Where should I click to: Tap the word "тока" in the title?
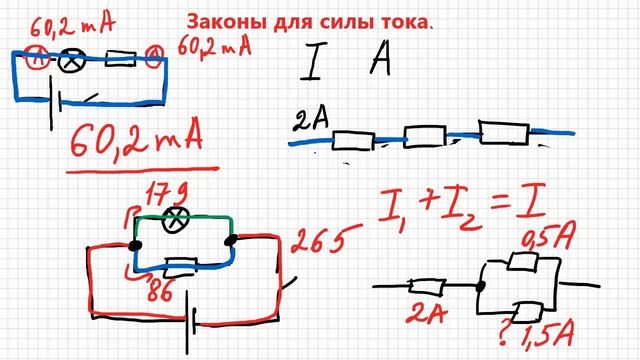tap(404, 21)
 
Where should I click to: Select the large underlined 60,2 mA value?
tap(134, 140)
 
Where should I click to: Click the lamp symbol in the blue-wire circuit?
tap(72, 59)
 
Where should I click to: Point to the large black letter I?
tap(311, 65)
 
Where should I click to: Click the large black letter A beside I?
tap(382, 64)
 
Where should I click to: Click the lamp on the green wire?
tap(182, 219)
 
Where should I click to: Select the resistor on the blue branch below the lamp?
tap(180, 266)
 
